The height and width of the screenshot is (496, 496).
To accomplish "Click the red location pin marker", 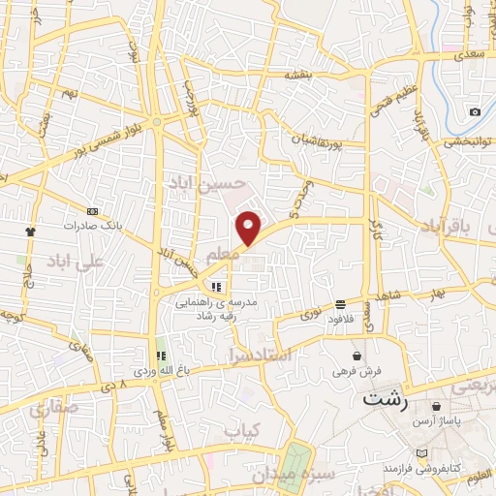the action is [x=249, y=227].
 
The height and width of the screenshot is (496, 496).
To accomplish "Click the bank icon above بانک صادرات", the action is [x=92, y=211].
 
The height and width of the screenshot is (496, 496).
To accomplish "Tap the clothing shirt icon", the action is [x=30, y=232].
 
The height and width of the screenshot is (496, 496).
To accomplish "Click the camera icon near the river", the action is [x=475, y=111].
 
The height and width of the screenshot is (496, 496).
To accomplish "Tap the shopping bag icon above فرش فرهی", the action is [x=357, y=356].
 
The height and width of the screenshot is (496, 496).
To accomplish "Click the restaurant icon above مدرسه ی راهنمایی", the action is [x=216, y=287].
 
